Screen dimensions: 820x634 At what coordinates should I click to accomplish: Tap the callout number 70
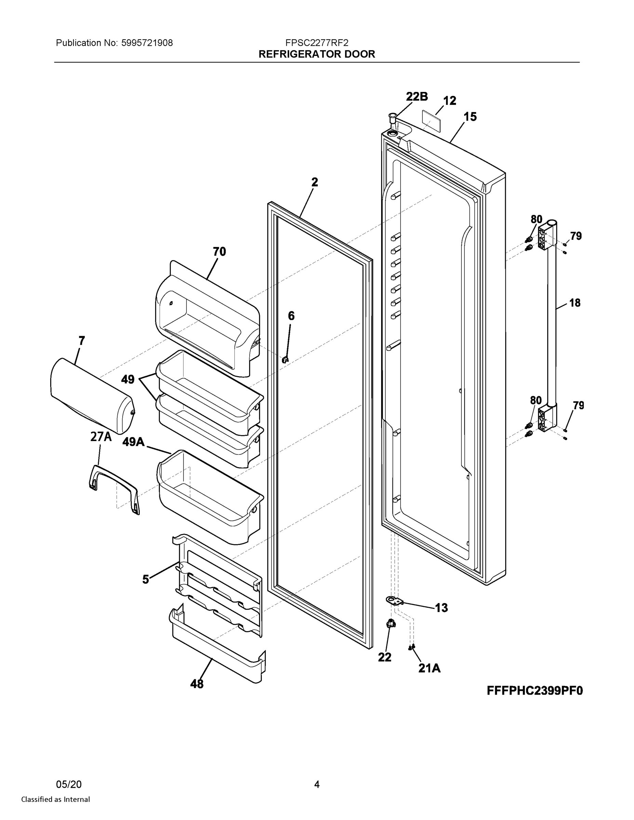click(x=219, y=251)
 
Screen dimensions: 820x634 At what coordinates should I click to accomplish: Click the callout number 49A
click(x=133, y=442)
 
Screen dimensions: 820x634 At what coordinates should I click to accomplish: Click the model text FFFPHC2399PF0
click(x=535, y=691)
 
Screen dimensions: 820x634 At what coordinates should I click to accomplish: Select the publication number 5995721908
click(x=147, y=43)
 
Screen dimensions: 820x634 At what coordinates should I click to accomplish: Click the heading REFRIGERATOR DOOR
click(x=316, y=54)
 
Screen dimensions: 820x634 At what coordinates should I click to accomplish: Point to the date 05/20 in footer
click(x=68, y=784)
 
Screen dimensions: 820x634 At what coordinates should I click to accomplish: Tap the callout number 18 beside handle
click(x=575, y=303)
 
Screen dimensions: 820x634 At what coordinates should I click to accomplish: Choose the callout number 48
click(x=197, y=684)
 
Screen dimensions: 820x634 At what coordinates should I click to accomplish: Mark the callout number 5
click(x=146, y=579)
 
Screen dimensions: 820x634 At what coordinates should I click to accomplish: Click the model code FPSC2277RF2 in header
click(x=316, y=43)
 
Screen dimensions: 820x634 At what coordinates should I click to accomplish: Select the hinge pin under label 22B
click(x=392, y=118)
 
